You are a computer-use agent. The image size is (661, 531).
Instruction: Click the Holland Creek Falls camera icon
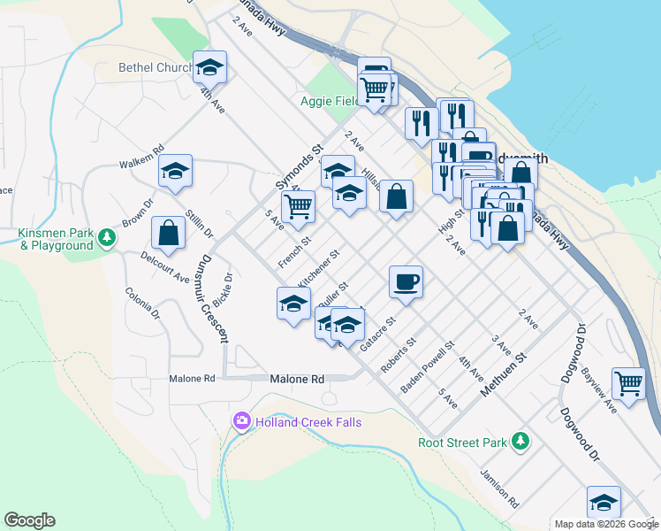(x=241, y=422)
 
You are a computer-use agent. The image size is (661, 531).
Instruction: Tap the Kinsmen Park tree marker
(x=107, y=237)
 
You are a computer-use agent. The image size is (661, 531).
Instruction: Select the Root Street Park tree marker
(x=521, y=440)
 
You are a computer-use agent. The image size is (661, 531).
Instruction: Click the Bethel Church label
(x=156, y=68)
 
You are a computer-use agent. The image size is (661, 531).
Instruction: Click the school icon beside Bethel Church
(x=210, y=67)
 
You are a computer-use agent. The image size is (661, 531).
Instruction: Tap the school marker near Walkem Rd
(x=175, y=170)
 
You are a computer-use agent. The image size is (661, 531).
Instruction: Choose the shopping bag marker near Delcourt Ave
(x=168, y=234)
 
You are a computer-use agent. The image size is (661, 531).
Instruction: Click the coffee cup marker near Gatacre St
(x=406, y=281)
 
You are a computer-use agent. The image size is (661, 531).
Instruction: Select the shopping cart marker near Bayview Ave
(x=628, y=384)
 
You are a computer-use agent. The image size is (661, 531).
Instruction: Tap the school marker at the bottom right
(x=604, y=502)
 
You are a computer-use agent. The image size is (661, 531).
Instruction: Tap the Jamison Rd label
(x=499, y=489)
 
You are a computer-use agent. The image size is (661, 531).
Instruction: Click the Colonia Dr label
(x=141, y=304)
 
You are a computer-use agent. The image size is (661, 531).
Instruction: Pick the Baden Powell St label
(x=428, y=367)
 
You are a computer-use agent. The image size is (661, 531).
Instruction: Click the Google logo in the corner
(x=29, y=520)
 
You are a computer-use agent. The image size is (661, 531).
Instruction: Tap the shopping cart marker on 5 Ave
(x=299, y=207)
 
